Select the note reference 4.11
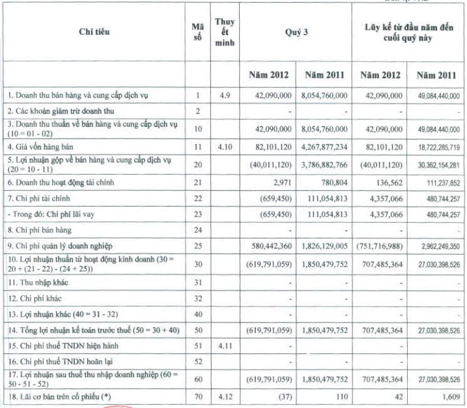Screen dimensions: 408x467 pyautogui.click(x=224, y=343)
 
